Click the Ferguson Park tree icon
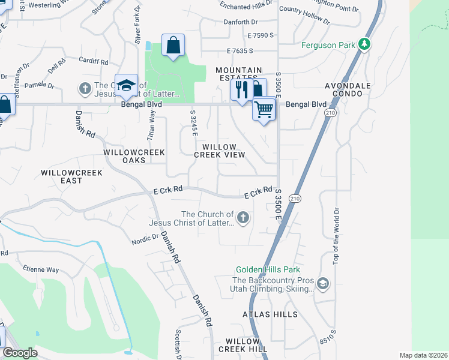364,44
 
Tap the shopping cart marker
264,110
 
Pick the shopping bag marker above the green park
173,46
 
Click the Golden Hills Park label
268,270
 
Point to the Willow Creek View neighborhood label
220,151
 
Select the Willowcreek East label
71,176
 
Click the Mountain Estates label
239,74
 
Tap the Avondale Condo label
352,89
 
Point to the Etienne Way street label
41,270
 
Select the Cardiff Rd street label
93,61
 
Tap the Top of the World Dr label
336,235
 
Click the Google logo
20,353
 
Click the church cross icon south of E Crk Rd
243,218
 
